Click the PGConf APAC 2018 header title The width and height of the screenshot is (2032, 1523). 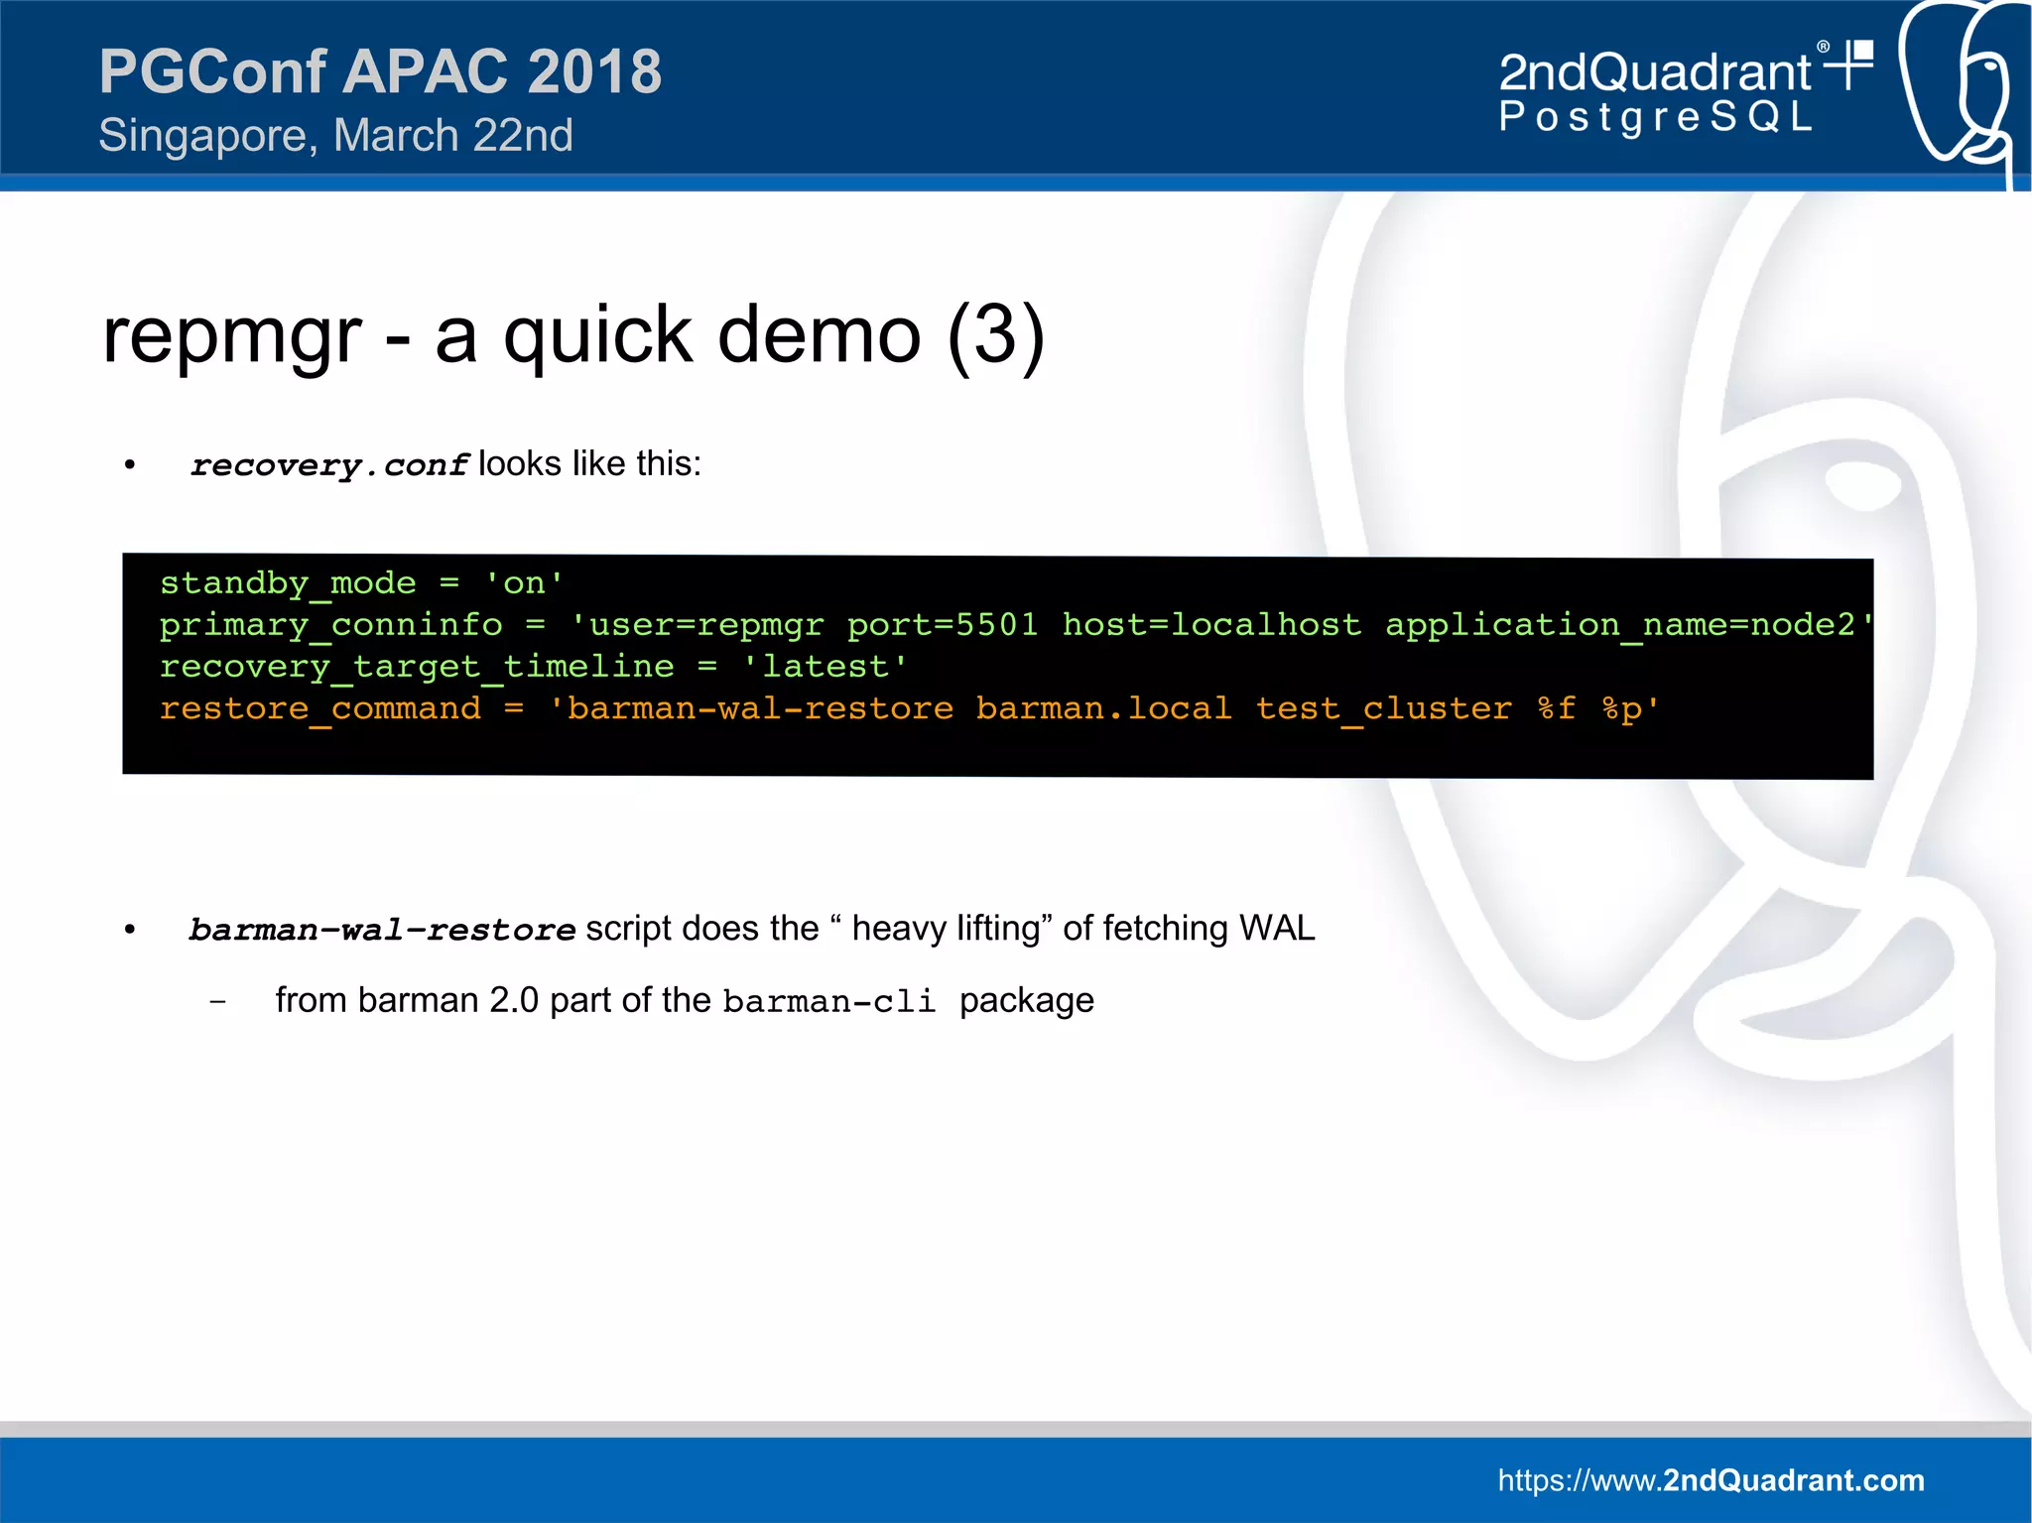pyautogui.click(x=380, y=71)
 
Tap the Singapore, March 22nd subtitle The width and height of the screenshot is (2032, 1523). pyautogui.click(x=335, y=136)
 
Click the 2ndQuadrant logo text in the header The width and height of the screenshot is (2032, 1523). pyautogui.click(x=1655, y=72)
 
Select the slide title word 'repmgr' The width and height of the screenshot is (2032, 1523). pyautogui.click(x=232, y=335)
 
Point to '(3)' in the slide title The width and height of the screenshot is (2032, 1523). pyautogui.click(x=995, y=335)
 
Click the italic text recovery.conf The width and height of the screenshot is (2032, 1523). pyautogui.click(x=328, y=464)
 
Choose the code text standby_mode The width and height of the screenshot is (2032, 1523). pyautogui.click(x=288, y=582)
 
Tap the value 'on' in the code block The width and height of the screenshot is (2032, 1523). pyautogui.click(x=524, y=582)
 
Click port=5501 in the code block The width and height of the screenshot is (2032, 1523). pyautogui.click(x=942, y=624)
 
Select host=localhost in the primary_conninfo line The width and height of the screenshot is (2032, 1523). pyautogui.click(x=1211, y=624)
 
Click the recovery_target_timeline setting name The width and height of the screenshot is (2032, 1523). pyautogui.click(x=417, y=666)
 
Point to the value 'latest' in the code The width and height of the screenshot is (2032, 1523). pyautogui.click(x=825, y=666)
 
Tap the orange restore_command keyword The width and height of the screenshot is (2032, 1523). pyautogui.click(x=320, y=708)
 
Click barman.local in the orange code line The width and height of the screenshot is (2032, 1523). pyautogui.click(x=1103, y=708)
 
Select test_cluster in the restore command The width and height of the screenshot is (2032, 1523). pyautogui.click(x=1383, y=708)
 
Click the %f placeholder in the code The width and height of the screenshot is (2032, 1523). pyautogui.click(x=1556, y=708)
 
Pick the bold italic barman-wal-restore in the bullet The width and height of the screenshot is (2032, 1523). pyautogui.click(x=382, y=930)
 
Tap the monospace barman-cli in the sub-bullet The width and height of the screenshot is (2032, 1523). pyautogui.click(x=829, y=1001)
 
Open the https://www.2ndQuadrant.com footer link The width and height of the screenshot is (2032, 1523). pyautogui.click(x=1711, y=1480)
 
